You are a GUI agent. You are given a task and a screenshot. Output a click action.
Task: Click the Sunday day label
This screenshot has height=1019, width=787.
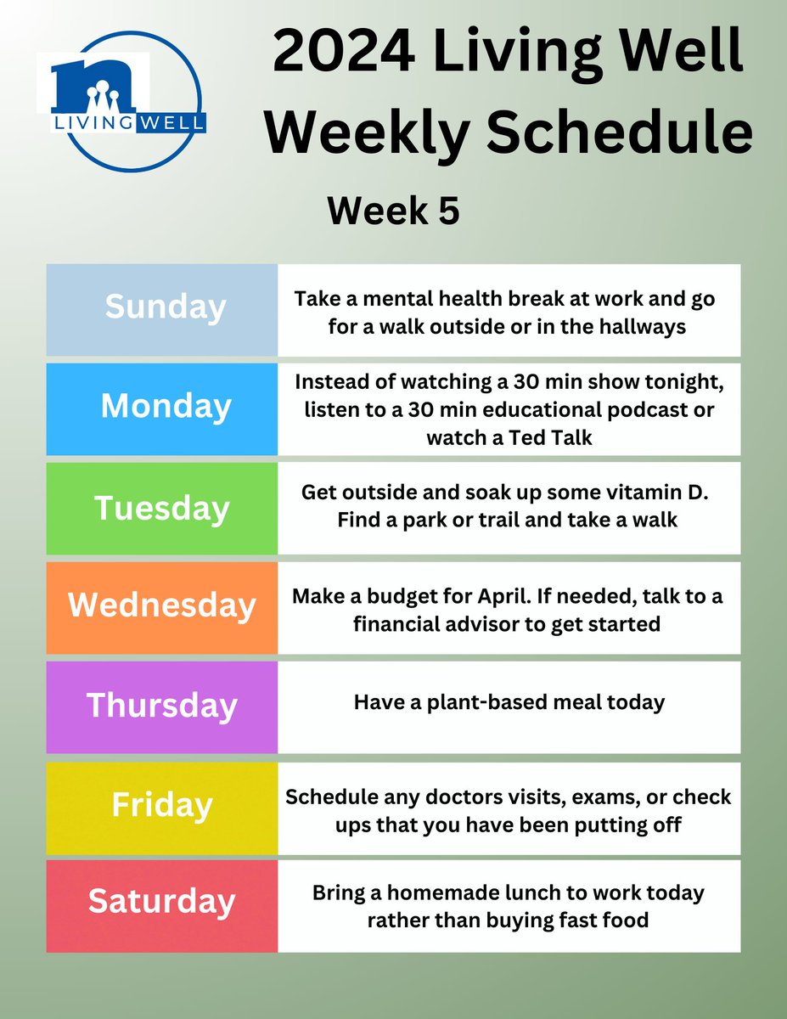point(166,307)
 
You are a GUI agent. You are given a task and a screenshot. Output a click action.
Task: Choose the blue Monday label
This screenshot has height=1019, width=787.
point(166,406)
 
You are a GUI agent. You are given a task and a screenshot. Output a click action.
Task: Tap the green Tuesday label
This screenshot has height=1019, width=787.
point(162,507)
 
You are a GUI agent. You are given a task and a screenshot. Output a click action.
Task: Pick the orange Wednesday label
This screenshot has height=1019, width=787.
point(162,605)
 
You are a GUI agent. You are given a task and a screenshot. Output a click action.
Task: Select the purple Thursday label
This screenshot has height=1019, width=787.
point(162,706)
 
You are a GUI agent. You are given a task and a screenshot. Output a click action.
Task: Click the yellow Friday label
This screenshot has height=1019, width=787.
point(162,805)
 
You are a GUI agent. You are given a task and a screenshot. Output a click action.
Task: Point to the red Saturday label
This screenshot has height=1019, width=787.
point(162,902)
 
